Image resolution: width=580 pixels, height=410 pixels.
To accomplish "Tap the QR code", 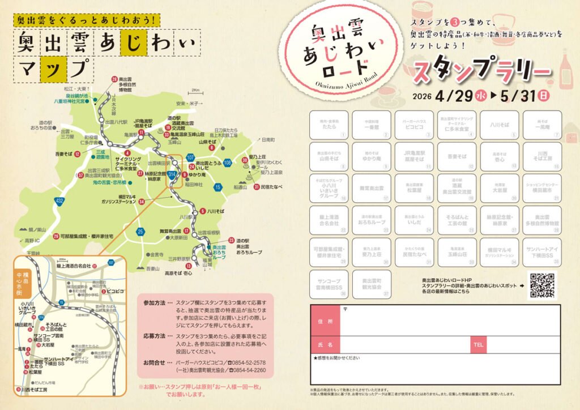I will point(543,285).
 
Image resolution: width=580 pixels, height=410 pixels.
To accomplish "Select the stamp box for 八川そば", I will point(499,125).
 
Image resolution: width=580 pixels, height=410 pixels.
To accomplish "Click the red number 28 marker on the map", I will point(115,79).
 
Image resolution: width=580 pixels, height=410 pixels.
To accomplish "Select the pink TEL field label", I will point(478,344).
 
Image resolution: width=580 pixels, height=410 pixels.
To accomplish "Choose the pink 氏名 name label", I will point(325,344).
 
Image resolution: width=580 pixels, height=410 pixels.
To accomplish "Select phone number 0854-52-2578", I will point(250,362).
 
